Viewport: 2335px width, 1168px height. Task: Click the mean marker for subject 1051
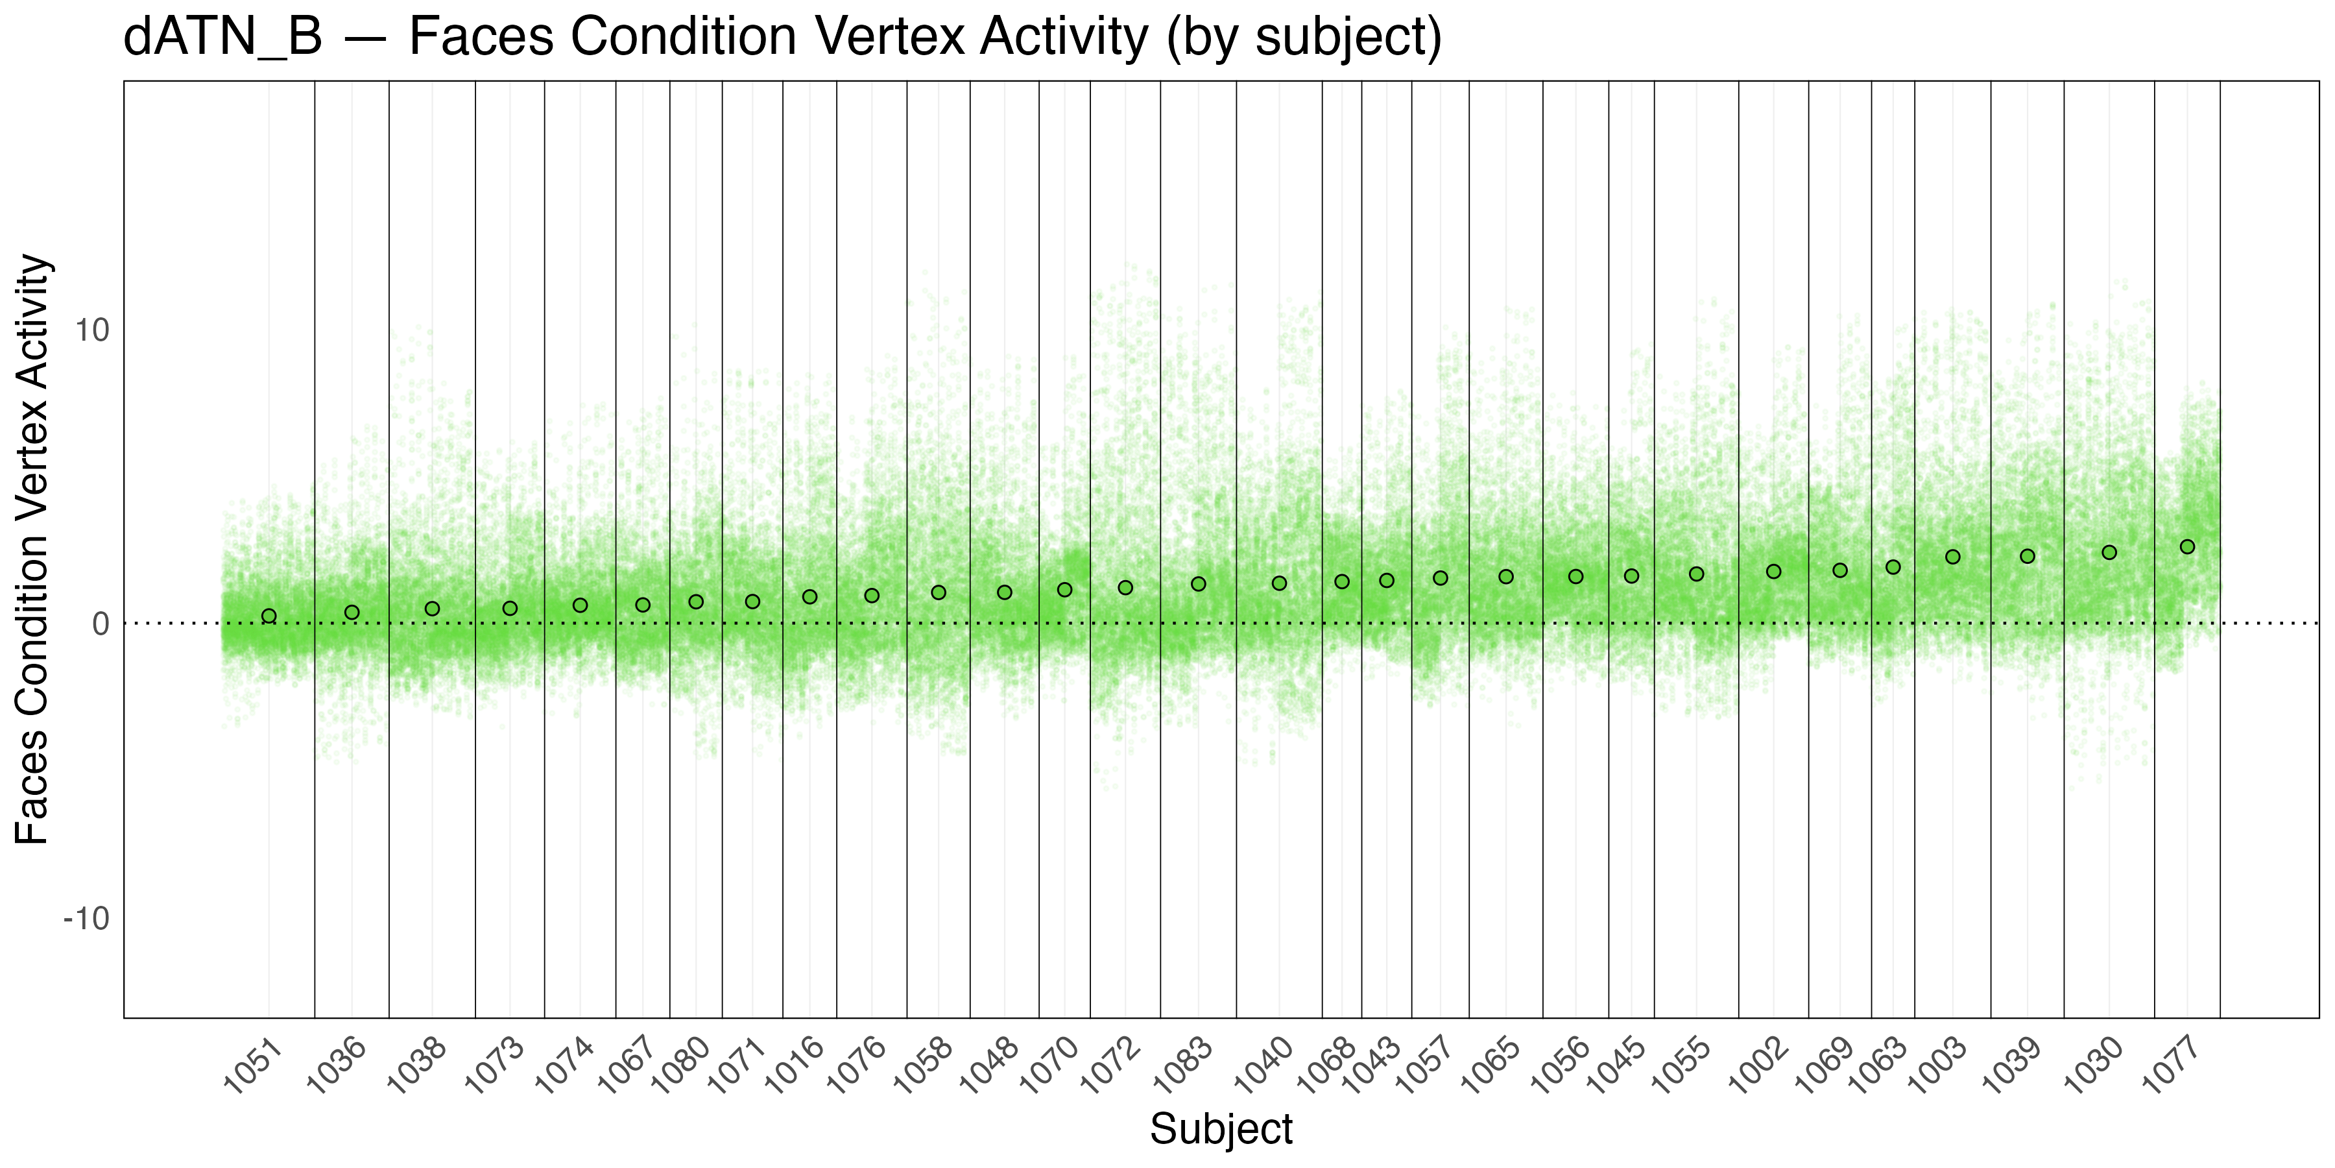tap(269, 616)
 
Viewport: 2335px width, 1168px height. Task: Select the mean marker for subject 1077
tap(2187, 547)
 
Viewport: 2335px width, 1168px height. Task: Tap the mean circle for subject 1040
tap(1279, 583)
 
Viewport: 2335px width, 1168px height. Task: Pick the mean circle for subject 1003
tap(1952, 557)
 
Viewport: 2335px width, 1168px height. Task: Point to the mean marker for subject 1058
tap(938, 592)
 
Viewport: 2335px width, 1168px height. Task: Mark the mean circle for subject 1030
tap(2109, 552)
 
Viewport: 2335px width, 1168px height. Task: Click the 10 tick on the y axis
tap(91, 330)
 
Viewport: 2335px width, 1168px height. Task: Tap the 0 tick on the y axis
tap(101, 624)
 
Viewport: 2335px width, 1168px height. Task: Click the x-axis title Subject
tap(1221, 1130)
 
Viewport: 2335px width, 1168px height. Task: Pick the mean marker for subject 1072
tap(1125, 588)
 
